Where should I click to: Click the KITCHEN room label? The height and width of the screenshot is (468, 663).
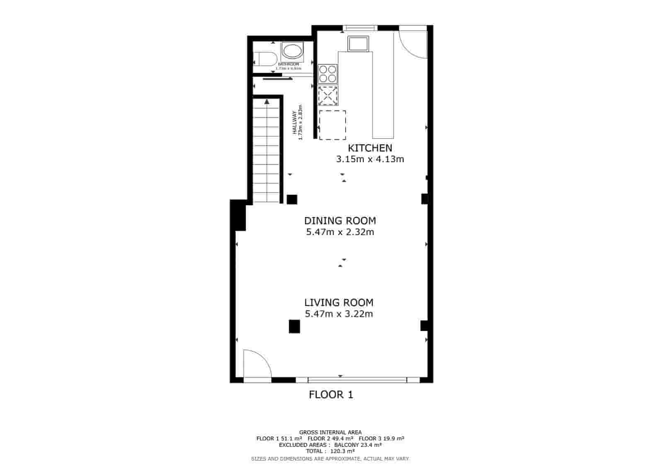pos(370,148)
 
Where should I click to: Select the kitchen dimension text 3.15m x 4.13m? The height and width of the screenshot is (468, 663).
pos(370,159)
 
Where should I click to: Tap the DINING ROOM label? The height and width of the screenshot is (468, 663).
pos(340,221)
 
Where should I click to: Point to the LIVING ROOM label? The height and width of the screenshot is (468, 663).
pos(339,302)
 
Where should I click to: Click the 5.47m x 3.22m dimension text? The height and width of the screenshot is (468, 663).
pos(339,314)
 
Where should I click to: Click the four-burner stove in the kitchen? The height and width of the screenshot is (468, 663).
pos(328,74)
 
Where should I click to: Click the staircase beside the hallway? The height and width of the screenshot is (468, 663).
pos(266,151)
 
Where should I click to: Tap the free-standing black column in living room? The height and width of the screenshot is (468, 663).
pos(294,326)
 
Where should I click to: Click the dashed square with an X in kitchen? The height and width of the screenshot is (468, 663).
pos(328,96)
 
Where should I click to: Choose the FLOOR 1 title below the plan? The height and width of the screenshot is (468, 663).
pos(331,395)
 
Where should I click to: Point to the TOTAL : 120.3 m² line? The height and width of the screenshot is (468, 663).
pos(330,451)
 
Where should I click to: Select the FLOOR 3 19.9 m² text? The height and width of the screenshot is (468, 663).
pos(381,439)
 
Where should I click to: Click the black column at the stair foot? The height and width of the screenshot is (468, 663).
pos(292,199)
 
